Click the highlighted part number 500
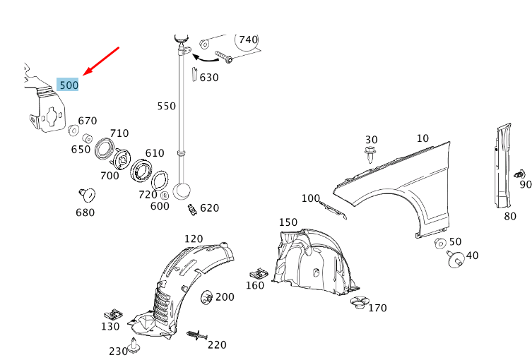tap(69, 85)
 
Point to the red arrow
tap(102, 61)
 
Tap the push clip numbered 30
tap(372, 153)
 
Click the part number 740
tap(248, 40)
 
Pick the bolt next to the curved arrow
tap(224, 57)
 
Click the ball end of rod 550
tap(183, 192)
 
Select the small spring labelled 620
tap(191, 210)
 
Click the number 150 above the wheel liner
tap(288, 222)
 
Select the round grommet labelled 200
tap(207, 298)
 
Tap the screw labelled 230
tap(134, 348)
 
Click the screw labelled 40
tap(454, 258)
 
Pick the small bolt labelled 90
tap(521, 174)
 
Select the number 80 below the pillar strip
tap(509, 216)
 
